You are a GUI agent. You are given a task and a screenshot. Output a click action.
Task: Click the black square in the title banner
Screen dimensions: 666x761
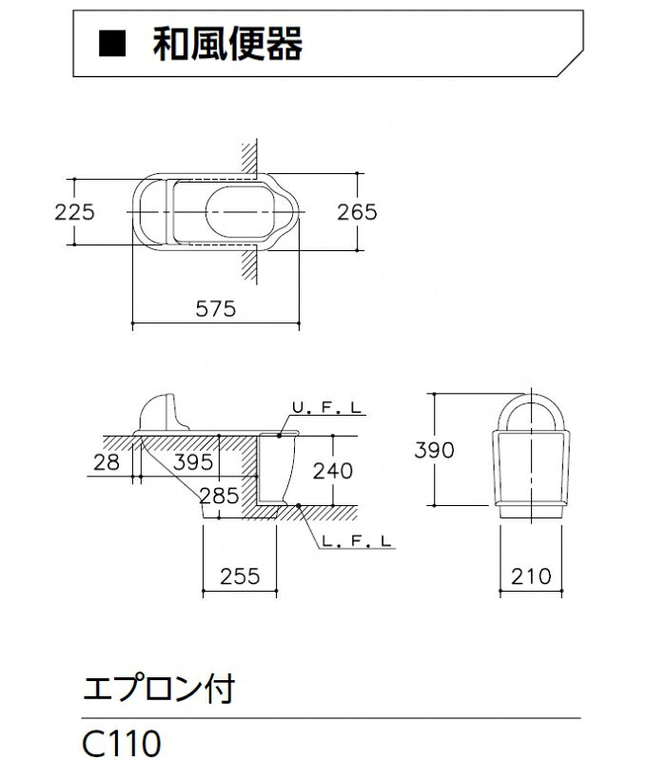coord(112,44)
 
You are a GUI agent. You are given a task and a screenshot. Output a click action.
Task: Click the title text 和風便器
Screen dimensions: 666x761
coord(227,44)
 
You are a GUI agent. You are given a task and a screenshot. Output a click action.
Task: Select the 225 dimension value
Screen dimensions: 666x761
coord(74,212)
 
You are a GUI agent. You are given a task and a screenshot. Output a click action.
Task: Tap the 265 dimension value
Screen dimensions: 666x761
coord(357,212)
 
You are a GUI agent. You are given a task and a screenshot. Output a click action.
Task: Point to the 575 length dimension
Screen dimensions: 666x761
coord(216,308)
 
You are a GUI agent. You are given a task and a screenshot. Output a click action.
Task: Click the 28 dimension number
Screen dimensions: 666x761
coord(107,462)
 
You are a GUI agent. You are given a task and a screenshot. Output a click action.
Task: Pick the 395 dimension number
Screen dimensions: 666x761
coord(193,462)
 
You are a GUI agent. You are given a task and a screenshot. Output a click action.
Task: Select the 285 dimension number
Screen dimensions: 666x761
coord(220,496)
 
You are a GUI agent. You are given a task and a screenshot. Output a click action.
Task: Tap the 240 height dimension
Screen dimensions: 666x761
coord(332,471)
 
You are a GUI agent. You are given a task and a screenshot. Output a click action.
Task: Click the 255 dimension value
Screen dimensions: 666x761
coord(240,576)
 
